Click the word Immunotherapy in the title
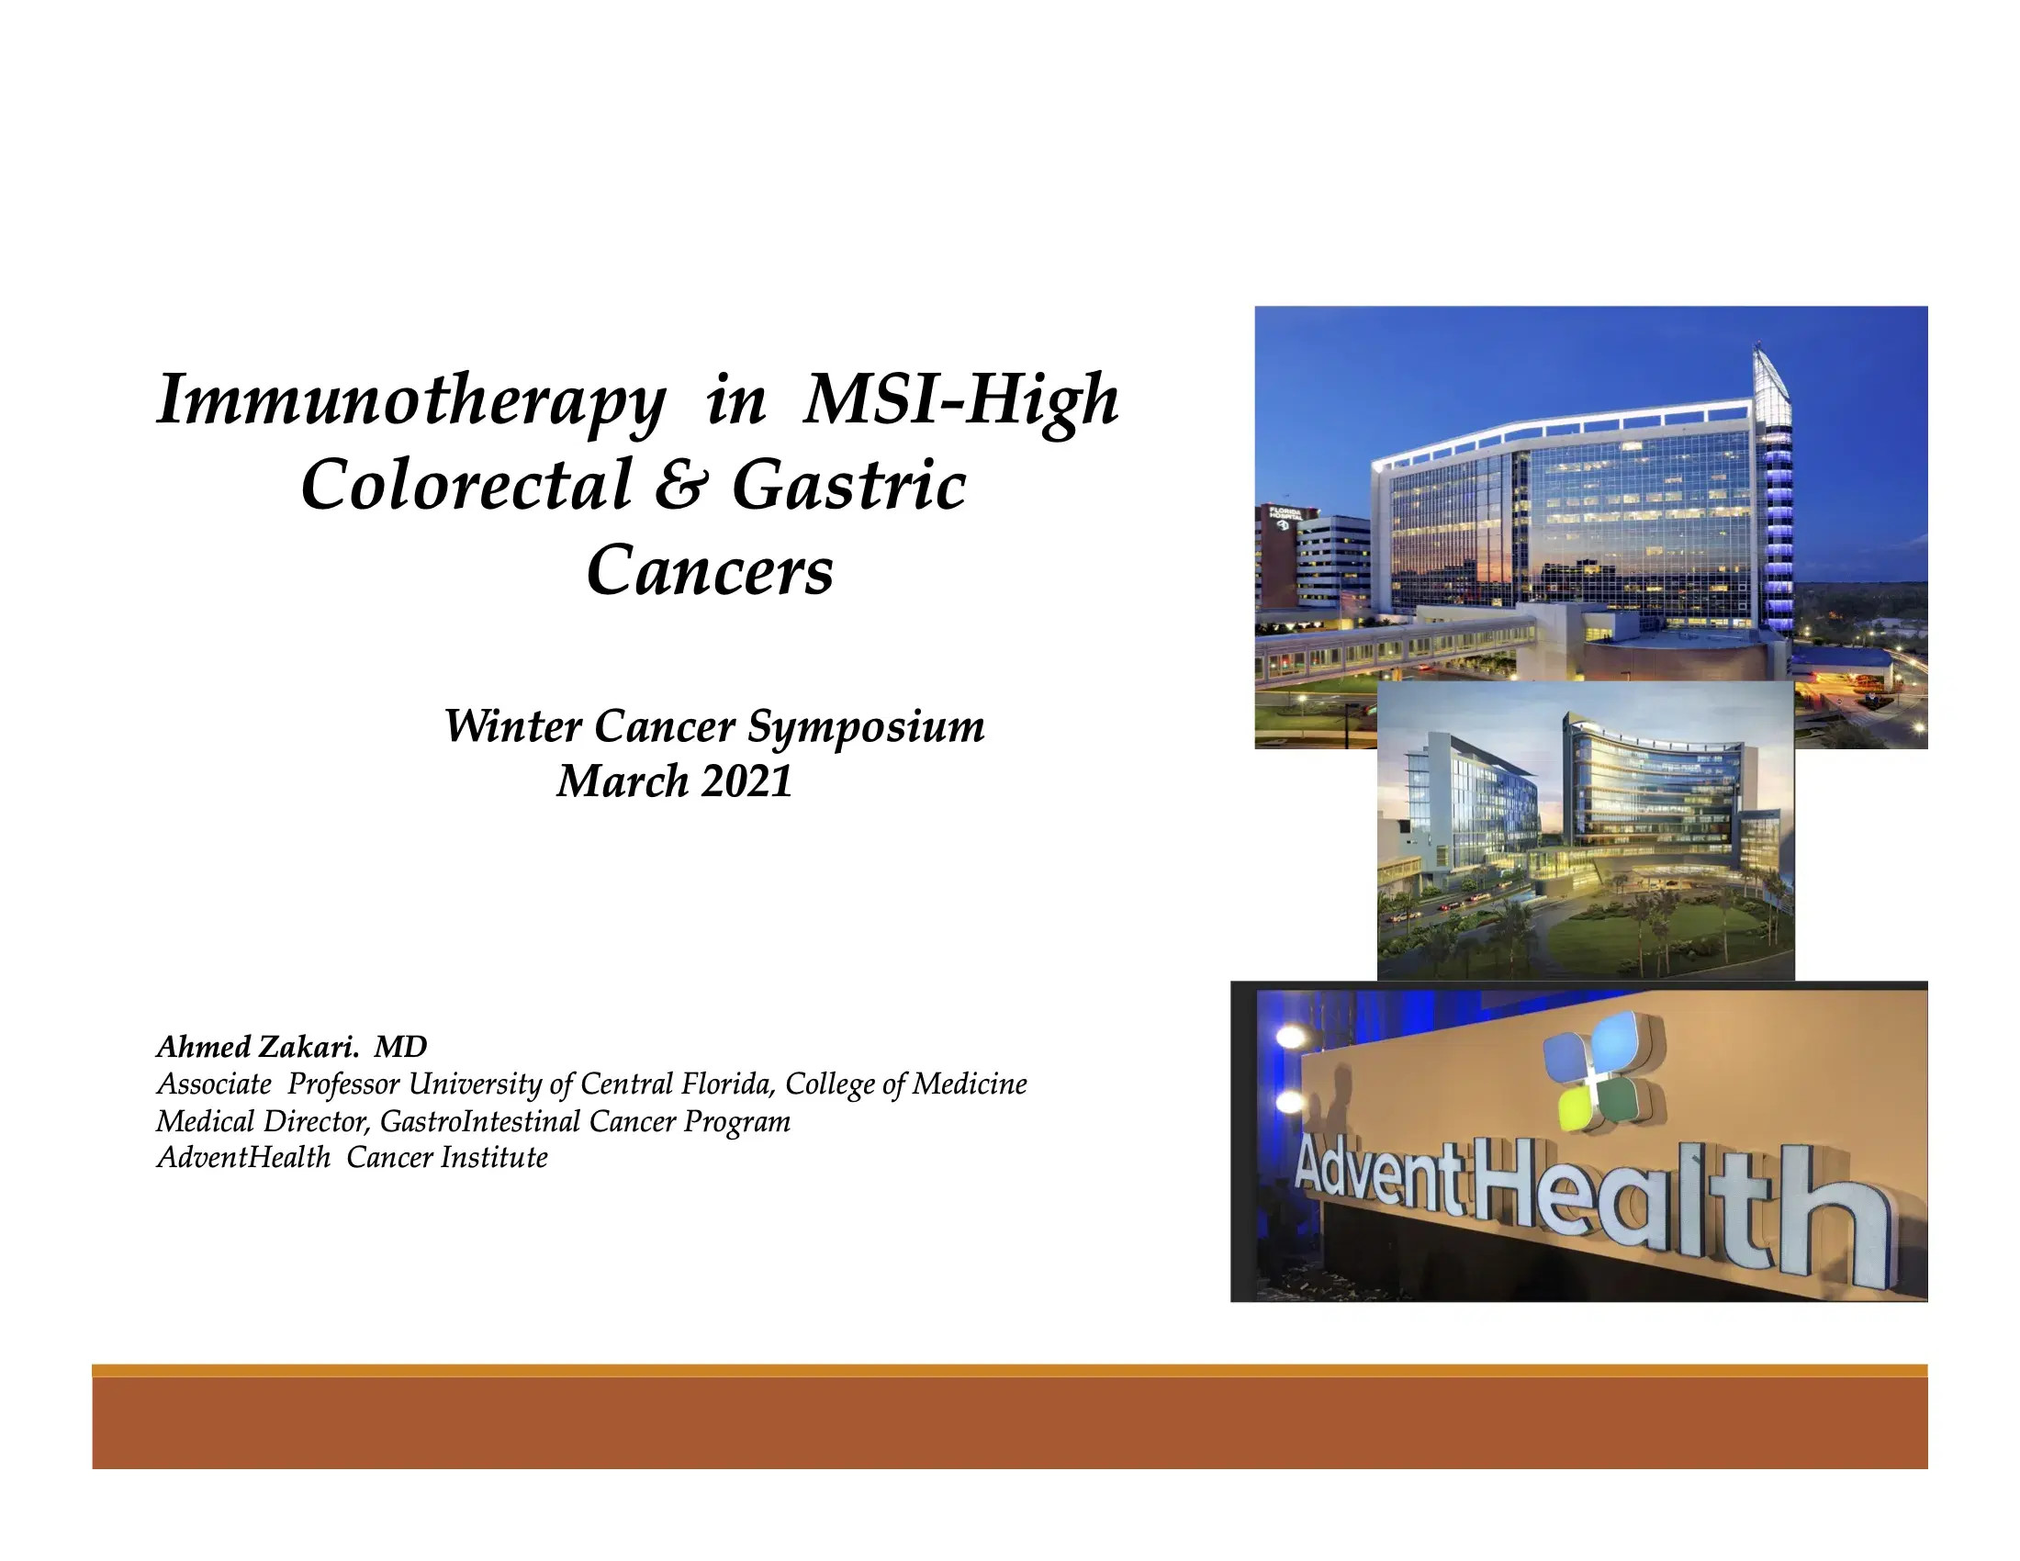(x=411, y=401)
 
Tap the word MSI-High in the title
(x=962, y=401)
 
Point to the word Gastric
(x=849, y=487)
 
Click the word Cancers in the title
(x=710, y=569)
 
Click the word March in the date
(x=623, y=781)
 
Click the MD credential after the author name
(x=400, y=1047)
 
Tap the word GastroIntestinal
(x=479, y=1122)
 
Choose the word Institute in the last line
(x=494, y=1158)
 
